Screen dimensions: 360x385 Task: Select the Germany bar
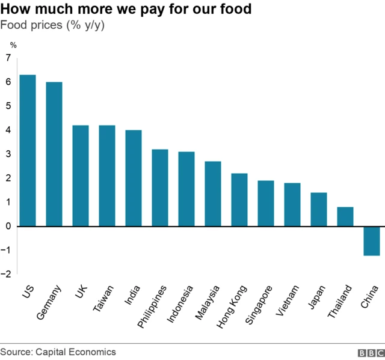[54, 154]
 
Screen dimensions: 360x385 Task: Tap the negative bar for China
[372, 241]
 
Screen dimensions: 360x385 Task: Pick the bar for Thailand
[345, 217]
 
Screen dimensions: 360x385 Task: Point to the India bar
[134, 178]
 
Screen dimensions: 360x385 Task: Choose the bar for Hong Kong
[239, 200]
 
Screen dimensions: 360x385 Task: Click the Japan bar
[319, 209]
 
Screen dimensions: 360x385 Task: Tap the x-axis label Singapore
[259, 305]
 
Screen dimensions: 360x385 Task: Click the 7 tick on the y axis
[8, 58]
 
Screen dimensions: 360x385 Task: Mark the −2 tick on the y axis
[7, 274]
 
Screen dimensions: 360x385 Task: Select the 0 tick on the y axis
[8, 226]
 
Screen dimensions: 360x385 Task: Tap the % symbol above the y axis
[13, 44]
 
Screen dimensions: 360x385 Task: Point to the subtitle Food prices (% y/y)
[53, 26]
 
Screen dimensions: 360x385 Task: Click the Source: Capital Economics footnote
[58, 352]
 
